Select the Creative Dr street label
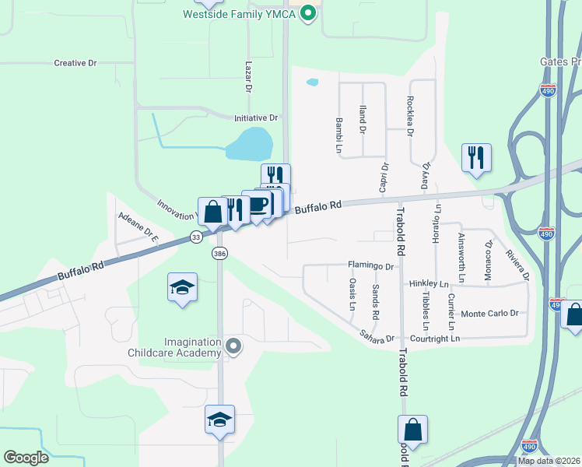[75, 63]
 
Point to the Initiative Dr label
[256, 118]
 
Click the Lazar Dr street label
[249, 78]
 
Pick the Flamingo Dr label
[371, 265]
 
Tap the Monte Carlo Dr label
[490, 314]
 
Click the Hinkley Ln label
[429, 285]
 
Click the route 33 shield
[195, 237]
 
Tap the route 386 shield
[219, 254]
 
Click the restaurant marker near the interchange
[474, 158]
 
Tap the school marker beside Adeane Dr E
[182, 287]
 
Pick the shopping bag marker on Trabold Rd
[413, 430]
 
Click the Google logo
[26, 458]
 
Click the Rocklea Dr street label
[410, 114]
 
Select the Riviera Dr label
[517, 265]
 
